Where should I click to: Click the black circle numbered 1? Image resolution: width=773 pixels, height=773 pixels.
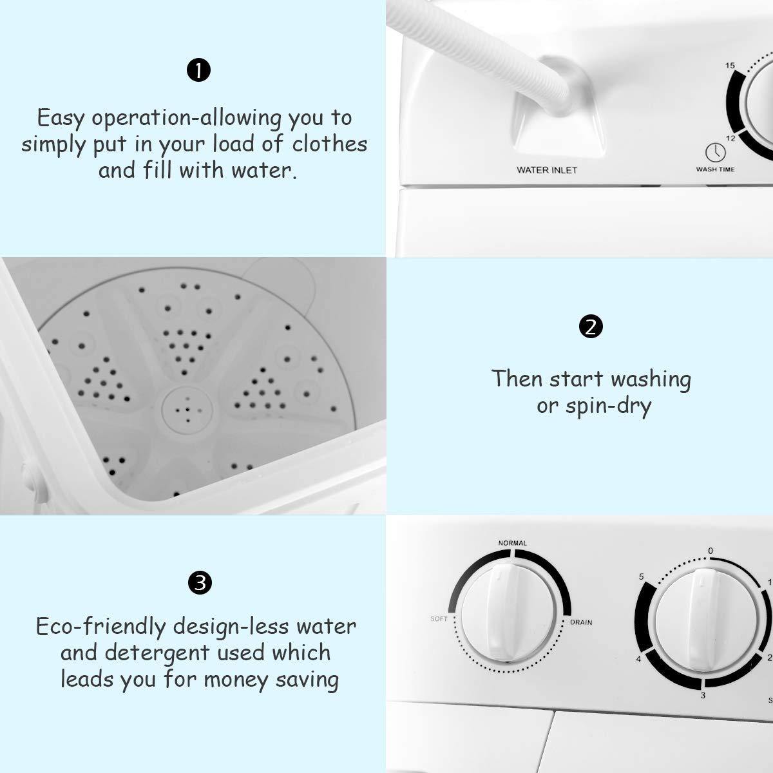point(198,70)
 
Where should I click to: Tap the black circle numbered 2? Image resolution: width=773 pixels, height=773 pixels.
point(591,327)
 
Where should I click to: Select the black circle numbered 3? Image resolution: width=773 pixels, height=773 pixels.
point(199,583)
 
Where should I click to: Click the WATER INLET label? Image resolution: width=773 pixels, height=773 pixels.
point(547,170)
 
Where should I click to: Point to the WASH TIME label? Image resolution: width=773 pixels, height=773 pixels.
point(715,169)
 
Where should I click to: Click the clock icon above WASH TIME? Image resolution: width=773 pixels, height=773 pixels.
point(715,153)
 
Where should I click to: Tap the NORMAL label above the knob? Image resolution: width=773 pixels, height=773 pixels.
point(512,543)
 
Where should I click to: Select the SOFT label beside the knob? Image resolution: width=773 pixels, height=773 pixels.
point(439,618)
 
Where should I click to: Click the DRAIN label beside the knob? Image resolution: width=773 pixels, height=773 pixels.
point(581,622)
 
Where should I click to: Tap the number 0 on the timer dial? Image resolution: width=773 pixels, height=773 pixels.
point(711,551)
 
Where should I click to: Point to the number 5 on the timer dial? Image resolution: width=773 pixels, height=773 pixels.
point(641,577)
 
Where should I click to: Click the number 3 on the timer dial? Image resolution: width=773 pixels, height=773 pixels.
point(702,695)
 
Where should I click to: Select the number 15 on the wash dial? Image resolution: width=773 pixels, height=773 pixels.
point(730,66)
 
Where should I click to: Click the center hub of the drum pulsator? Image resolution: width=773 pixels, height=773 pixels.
point(187,410)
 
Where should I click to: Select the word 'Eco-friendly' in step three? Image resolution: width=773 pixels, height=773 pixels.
point(100,627)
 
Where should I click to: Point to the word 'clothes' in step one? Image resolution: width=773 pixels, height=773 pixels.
point(329,144)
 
